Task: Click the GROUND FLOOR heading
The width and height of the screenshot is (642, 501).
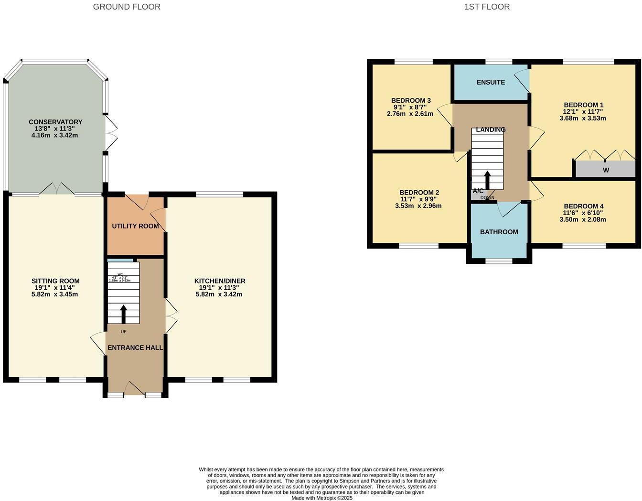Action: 127,7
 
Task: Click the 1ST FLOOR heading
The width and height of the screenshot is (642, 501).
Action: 487,7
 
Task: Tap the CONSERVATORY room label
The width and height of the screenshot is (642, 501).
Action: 55,122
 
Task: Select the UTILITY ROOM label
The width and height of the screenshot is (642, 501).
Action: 135,226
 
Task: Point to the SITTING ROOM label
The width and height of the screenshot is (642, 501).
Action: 55,281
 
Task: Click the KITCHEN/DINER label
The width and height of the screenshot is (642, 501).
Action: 220,281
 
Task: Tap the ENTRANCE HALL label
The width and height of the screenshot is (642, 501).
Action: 135,348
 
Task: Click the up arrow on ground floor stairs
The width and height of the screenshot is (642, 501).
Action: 124,314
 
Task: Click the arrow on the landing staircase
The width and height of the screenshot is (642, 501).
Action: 488,180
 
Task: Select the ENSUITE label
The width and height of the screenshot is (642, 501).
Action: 491,82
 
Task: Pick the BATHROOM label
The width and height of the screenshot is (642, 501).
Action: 499,232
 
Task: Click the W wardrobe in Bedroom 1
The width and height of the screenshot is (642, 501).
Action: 606,170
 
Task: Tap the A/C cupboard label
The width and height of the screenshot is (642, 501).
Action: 478,191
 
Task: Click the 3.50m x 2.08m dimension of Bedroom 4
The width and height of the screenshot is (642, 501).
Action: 582,220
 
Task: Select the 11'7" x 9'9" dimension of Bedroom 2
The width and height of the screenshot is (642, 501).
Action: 418,199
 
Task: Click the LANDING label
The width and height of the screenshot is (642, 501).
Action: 491,130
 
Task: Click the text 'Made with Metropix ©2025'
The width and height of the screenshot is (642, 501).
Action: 322,498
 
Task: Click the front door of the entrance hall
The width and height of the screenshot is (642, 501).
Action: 135,389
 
